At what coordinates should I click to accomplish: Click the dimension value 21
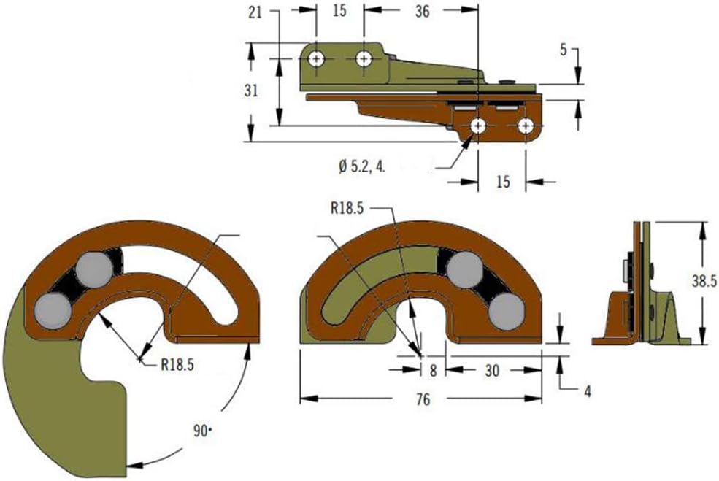[255, 12]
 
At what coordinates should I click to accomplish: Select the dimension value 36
[423, 12]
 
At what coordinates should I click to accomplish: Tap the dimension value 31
[251, 91]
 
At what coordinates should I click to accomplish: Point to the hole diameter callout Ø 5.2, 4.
[362, 166]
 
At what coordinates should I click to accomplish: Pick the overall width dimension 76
[423, 399]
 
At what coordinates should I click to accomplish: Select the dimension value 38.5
[704, 281]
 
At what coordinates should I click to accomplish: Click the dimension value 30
[491, 371]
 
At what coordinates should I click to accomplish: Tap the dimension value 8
[434, 371]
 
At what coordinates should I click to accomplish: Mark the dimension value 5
[563, 50]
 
